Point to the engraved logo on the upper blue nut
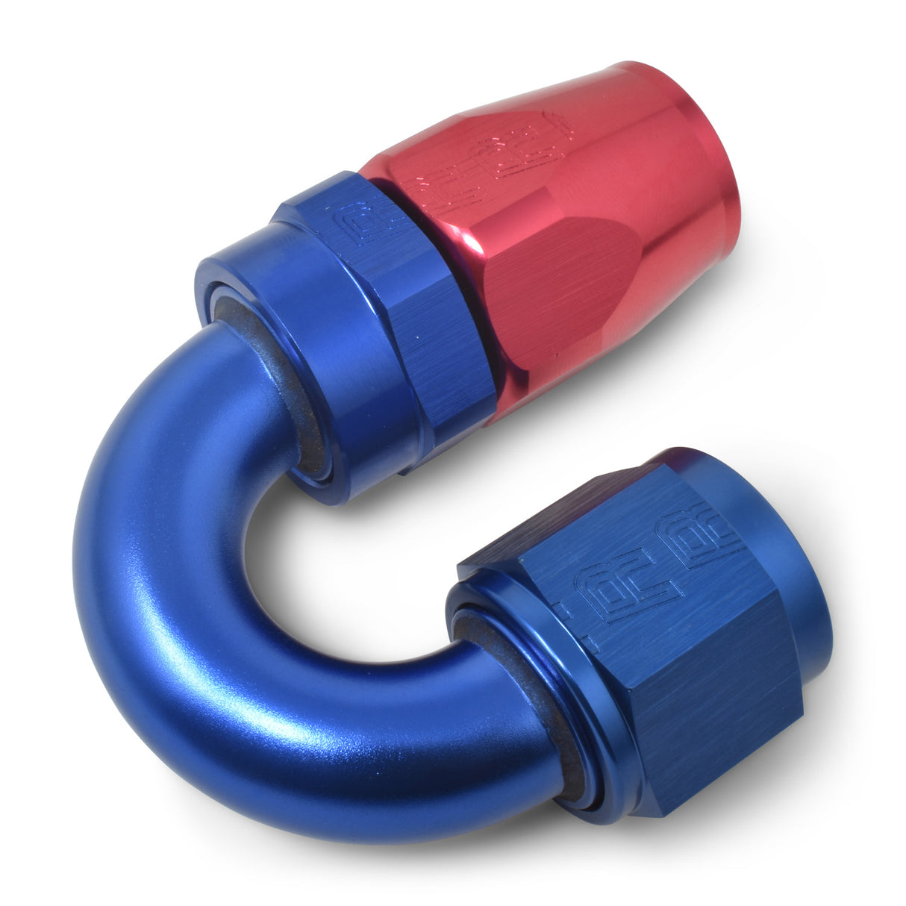(356, 224)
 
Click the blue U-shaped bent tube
(187, 597)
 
